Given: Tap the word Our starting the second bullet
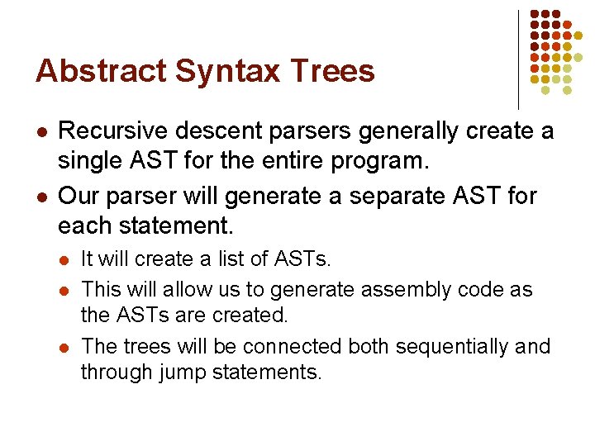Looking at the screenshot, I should [x=78, y=197].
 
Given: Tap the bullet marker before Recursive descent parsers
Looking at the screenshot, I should [x=40, y=132].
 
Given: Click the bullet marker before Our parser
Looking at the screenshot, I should [x=40, y=197].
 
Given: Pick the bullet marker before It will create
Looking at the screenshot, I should [x=65, y=260].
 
